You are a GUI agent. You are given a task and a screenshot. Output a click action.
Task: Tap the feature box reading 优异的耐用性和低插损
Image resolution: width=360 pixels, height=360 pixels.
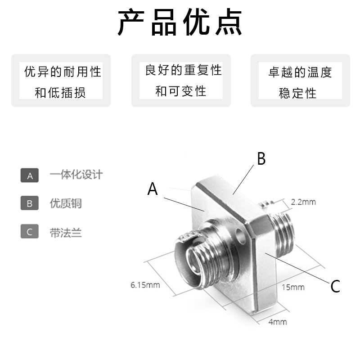(x=61, y=81)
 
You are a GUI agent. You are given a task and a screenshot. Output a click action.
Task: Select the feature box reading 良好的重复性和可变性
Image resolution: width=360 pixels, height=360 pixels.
(x=181, y=81)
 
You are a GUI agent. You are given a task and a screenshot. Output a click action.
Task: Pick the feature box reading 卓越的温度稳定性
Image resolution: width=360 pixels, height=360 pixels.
(x=300, y=81)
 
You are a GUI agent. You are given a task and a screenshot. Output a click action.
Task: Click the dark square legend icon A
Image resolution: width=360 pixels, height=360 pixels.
(x=30, y=175)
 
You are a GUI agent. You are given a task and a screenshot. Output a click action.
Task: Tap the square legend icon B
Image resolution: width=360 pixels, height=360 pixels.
(x=30, y=203)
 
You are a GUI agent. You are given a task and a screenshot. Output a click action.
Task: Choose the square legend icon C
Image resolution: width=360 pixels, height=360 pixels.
(x=30, y=232)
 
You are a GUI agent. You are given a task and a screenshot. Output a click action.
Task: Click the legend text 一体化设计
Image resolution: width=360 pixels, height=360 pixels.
(x=76, y=175)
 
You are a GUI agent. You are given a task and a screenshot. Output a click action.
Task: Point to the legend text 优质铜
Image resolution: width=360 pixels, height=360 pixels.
(x=66, y=203)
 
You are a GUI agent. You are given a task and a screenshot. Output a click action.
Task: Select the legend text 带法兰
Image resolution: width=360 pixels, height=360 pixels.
(x=66, y=232)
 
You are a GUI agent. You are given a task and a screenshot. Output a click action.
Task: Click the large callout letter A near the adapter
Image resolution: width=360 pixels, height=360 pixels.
(x=153, y=189)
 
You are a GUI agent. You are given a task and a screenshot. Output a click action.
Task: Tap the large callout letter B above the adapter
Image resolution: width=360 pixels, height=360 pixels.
(x=261, y=159)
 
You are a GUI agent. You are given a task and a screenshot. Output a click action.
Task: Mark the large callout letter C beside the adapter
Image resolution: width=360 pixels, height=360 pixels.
(x=335, y=286)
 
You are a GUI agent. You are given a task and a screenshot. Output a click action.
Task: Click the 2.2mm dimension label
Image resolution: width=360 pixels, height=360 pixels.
(x=303, y=202)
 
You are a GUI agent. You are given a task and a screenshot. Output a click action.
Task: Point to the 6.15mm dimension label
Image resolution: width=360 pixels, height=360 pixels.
(x=145, y=284)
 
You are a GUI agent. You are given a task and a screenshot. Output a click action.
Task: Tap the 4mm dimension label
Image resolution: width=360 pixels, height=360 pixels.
(x=277, y=322)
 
